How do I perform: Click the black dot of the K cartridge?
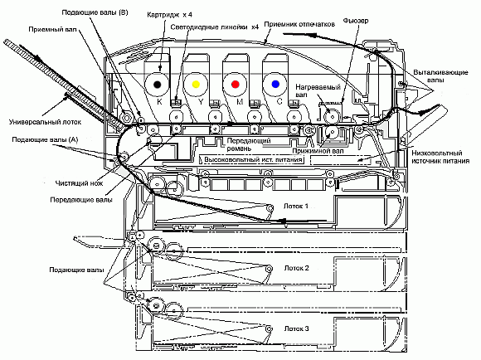(157, 84)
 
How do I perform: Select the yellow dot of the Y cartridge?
(196, 84)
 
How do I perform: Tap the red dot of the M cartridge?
(236, 84)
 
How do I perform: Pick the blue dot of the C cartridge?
(275, 84)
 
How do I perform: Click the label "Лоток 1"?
(296, 206)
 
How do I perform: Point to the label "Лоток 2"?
(296, 268)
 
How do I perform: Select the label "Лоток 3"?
(296, 328)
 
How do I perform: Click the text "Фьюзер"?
(356, 21)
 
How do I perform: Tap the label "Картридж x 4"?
(169, 14)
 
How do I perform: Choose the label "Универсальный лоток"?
(45, 122)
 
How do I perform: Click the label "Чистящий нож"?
(79, 183)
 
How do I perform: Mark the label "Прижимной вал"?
(318, 151)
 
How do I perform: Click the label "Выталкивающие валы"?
(440, 76)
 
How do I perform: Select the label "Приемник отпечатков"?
(299, 24)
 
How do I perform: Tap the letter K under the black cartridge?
(159, 102)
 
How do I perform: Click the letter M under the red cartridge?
(240, 101)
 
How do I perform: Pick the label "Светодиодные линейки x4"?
(215, 27)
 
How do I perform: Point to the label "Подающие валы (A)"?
(45, 140)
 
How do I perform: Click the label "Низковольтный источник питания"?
(440, 157)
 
